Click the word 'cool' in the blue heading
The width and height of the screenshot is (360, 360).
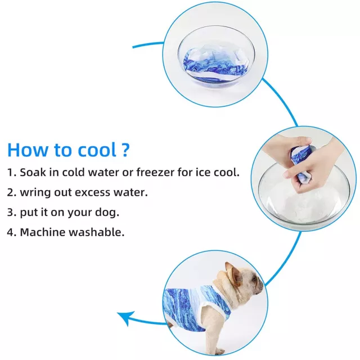tap(97, 150)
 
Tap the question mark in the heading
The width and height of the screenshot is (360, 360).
tap(125, 150)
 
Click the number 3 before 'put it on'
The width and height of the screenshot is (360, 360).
tap(10, 213)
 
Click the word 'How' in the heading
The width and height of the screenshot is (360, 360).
tap(27, 150)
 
